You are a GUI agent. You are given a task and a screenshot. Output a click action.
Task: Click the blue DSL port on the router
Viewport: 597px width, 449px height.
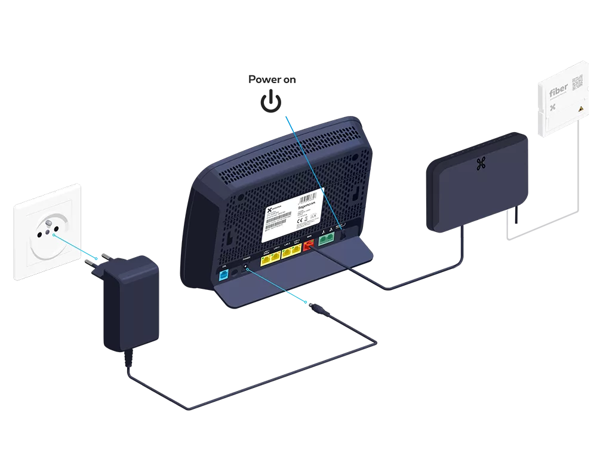[224, 274]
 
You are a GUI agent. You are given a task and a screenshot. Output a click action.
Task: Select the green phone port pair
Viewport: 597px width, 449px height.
[326, 239]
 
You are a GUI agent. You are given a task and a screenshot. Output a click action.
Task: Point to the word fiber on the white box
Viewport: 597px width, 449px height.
[559, 94]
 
